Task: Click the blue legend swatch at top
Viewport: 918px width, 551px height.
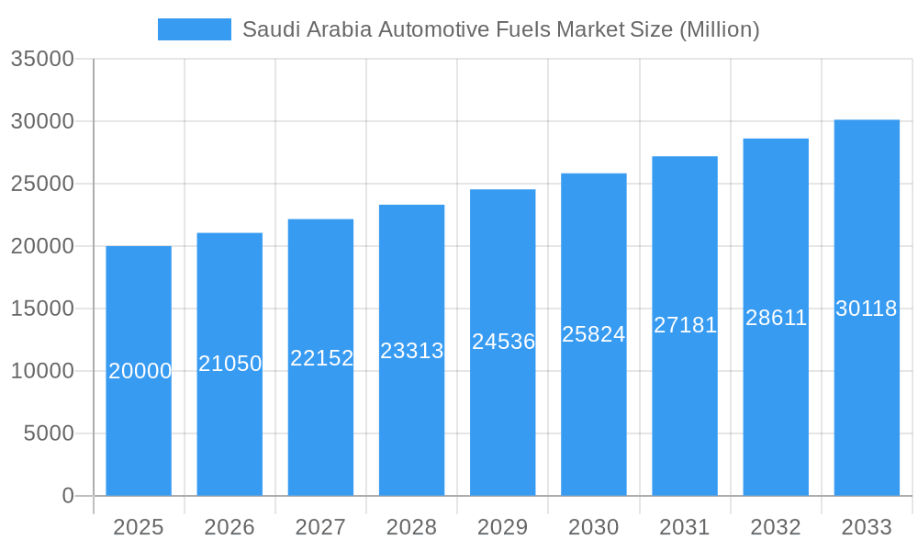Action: click(194, 29)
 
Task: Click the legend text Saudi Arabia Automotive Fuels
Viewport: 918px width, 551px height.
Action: click(500, 29)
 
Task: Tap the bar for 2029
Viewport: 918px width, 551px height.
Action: click(502, 413)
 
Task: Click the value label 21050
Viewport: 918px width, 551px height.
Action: click(230, 364)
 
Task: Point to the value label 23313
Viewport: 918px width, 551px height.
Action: click(412, 351)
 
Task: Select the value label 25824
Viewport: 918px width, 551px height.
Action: click(594, 334)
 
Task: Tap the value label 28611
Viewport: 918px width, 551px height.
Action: click(776, 318)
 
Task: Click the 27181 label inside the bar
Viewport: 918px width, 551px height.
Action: click(685, 325)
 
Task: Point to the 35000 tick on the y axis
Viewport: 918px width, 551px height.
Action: click(42, 59)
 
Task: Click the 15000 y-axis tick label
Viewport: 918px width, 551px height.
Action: click(42, 309)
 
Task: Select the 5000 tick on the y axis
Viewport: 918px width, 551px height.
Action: click(49, 433)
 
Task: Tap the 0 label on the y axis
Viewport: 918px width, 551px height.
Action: click(68, 496)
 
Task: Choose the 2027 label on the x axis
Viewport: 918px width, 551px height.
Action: click(320, 527)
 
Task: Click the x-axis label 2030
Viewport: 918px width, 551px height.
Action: click(594, 527)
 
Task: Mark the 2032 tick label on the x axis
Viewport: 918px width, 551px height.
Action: click(776, 527)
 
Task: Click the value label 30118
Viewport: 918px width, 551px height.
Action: click(867, 309)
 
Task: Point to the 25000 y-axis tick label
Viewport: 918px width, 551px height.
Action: click(42, 184)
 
